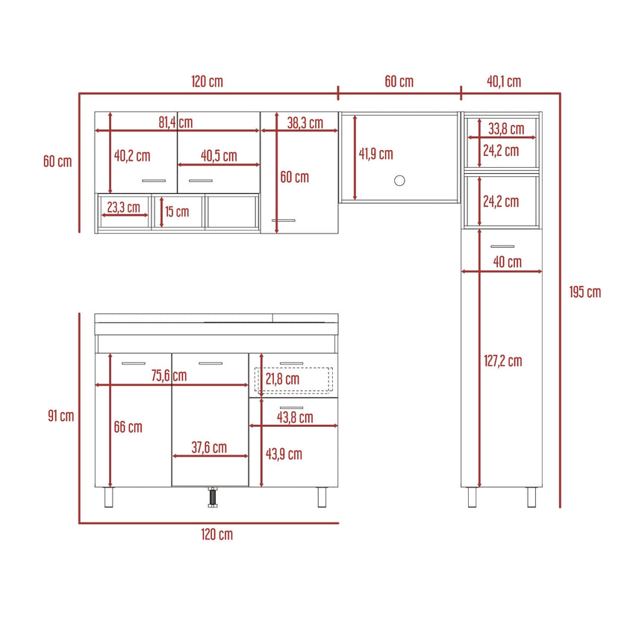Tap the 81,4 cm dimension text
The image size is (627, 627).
(x=175, y=122)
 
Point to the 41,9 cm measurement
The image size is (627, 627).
(x=375, y=154)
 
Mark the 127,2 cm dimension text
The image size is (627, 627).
(x=502, y=361)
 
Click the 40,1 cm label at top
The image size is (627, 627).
(x=504, y=81)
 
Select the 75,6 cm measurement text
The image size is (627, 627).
(x=169, y=375)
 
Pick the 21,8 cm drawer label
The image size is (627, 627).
(x=282, y=379)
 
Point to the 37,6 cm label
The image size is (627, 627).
(x=209, y=448)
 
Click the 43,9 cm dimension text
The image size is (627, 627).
(x=284, y=454)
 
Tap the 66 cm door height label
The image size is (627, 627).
(x=128, y=427)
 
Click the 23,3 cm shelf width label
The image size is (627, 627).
(x=123, y=207)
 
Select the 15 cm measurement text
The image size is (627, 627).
(x=177, y=211)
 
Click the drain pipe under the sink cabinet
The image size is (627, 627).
(x=212, y=496)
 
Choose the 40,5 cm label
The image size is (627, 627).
(x=219, y=155)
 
